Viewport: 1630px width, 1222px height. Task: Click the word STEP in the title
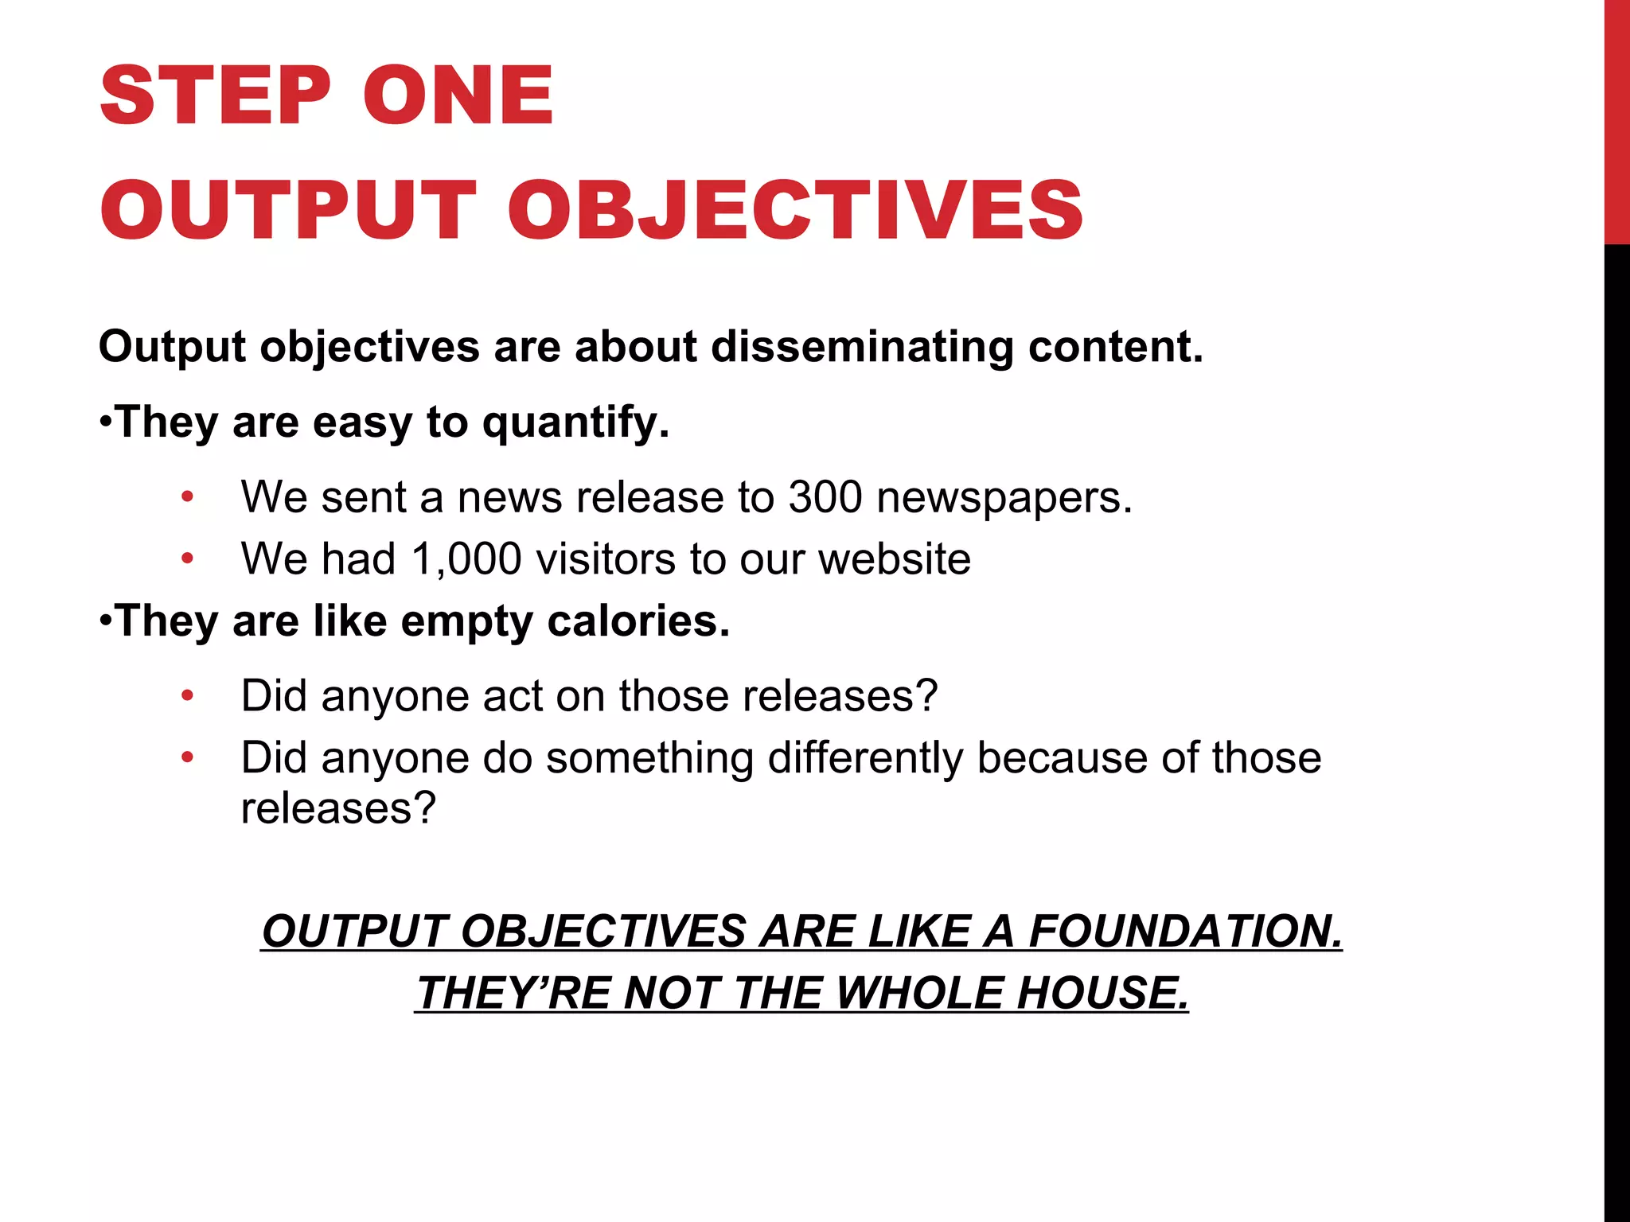(215, 95)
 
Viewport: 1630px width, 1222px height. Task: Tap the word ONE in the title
(458, 95)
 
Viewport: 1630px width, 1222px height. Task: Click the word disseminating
(862, 347)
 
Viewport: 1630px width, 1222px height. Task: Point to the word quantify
(575, 422)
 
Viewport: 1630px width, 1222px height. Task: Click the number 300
(825, 497)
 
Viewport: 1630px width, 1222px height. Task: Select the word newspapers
(1004, 498)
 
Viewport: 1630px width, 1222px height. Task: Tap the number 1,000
(466, 558)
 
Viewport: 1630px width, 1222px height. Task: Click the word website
(895, 558)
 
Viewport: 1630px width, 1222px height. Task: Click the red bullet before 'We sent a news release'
(187, 498)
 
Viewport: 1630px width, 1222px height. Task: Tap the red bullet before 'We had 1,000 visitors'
(187, 559)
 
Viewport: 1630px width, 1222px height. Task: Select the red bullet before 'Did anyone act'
(187, 696)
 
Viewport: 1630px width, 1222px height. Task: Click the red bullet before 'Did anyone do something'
(187, 757)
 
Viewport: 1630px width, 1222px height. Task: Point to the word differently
(865, 757)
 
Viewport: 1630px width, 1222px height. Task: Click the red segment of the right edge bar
(1616, 119)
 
